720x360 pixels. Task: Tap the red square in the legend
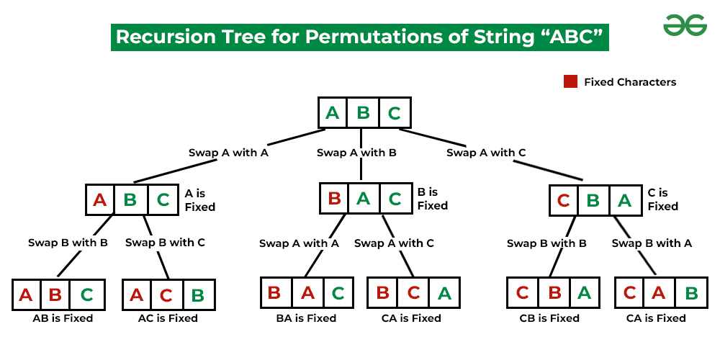pyautogui.click(x=570, y=81)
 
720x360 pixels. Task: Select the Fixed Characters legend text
pyautogui.click(x=630, y=82)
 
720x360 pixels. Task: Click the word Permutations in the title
pyautogui.click(x=320, y=37)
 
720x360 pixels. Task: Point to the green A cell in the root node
pyautogui.click(x=333, y=113)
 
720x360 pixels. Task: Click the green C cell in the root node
pyautogui.click(x=395, y=113)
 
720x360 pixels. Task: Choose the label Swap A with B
pyautogui.click(x=356, y=153)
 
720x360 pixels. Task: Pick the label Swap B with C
pyautogui.click(x=165, y=243)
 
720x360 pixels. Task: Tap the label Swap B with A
pyautogui.click(x=652, y=243)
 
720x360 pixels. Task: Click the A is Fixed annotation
pyautogui.click(x=199, y=200)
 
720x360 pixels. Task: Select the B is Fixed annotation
pyautogui.click(x=432, y=199)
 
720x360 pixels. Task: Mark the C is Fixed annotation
pyautogui.click(x=662, y=199)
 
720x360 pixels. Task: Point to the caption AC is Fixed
pyautogui.click(x=168, y=318)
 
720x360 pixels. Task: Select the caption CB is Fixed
pyautogui.click(x=549, y=318)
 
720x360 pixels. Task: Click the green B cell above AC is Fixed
pyautogui.click(x=199, y=295)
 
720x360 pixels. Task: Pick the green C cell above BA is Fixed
pyautogui.click(x=338, y=293)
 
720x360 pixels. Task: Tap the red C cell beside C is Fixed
pyautogui.click(x=564, y=201)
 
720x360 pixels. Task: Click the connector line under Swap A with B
pyautogui.click(x=360, y=171)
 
